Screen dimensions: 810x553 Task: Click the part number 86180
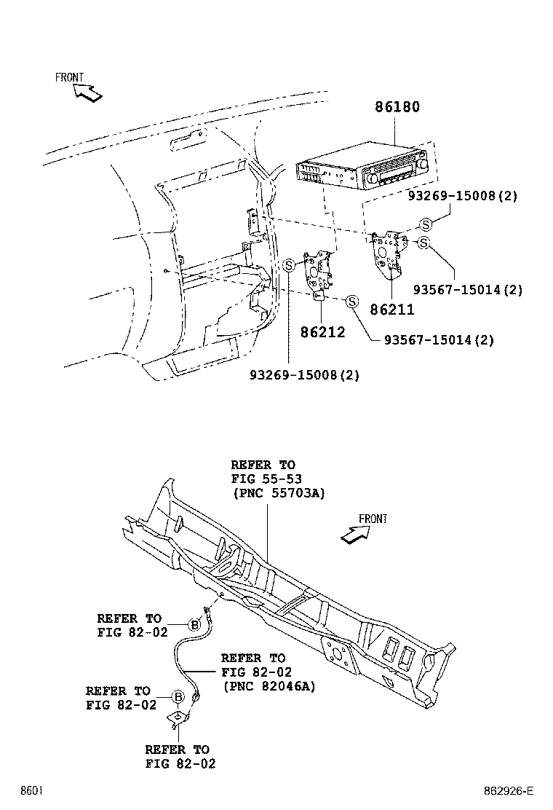tap(397, 107)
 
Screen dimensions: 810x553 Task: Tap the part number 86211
tap(392, 310)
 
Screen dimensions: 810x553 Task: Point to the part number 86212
tap(322, 332)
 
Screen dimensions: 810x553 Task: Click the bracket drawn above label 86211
tap(389, 254)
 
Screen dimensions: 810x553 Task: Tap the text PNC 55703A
tap(278, 493)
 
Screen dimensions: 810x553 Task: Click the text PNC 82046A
tap(268, 686)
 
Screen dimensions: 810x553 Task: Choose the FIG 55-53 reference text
tap(266, 479)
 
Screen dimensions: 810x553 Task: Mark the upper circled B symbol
tap(194, 624)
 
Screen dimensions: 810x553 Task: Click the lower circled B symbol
tap(178, 697)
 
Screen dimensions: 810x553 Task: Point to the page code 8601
tap(31, 790)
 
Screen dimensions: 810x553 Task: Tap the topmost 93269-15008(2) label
tap(463, 197)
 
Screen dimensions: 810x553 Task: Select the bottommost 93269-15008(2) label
tap(305, 375)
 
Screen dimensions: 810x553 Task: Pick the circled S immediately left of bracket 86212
tap(288, 265)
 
